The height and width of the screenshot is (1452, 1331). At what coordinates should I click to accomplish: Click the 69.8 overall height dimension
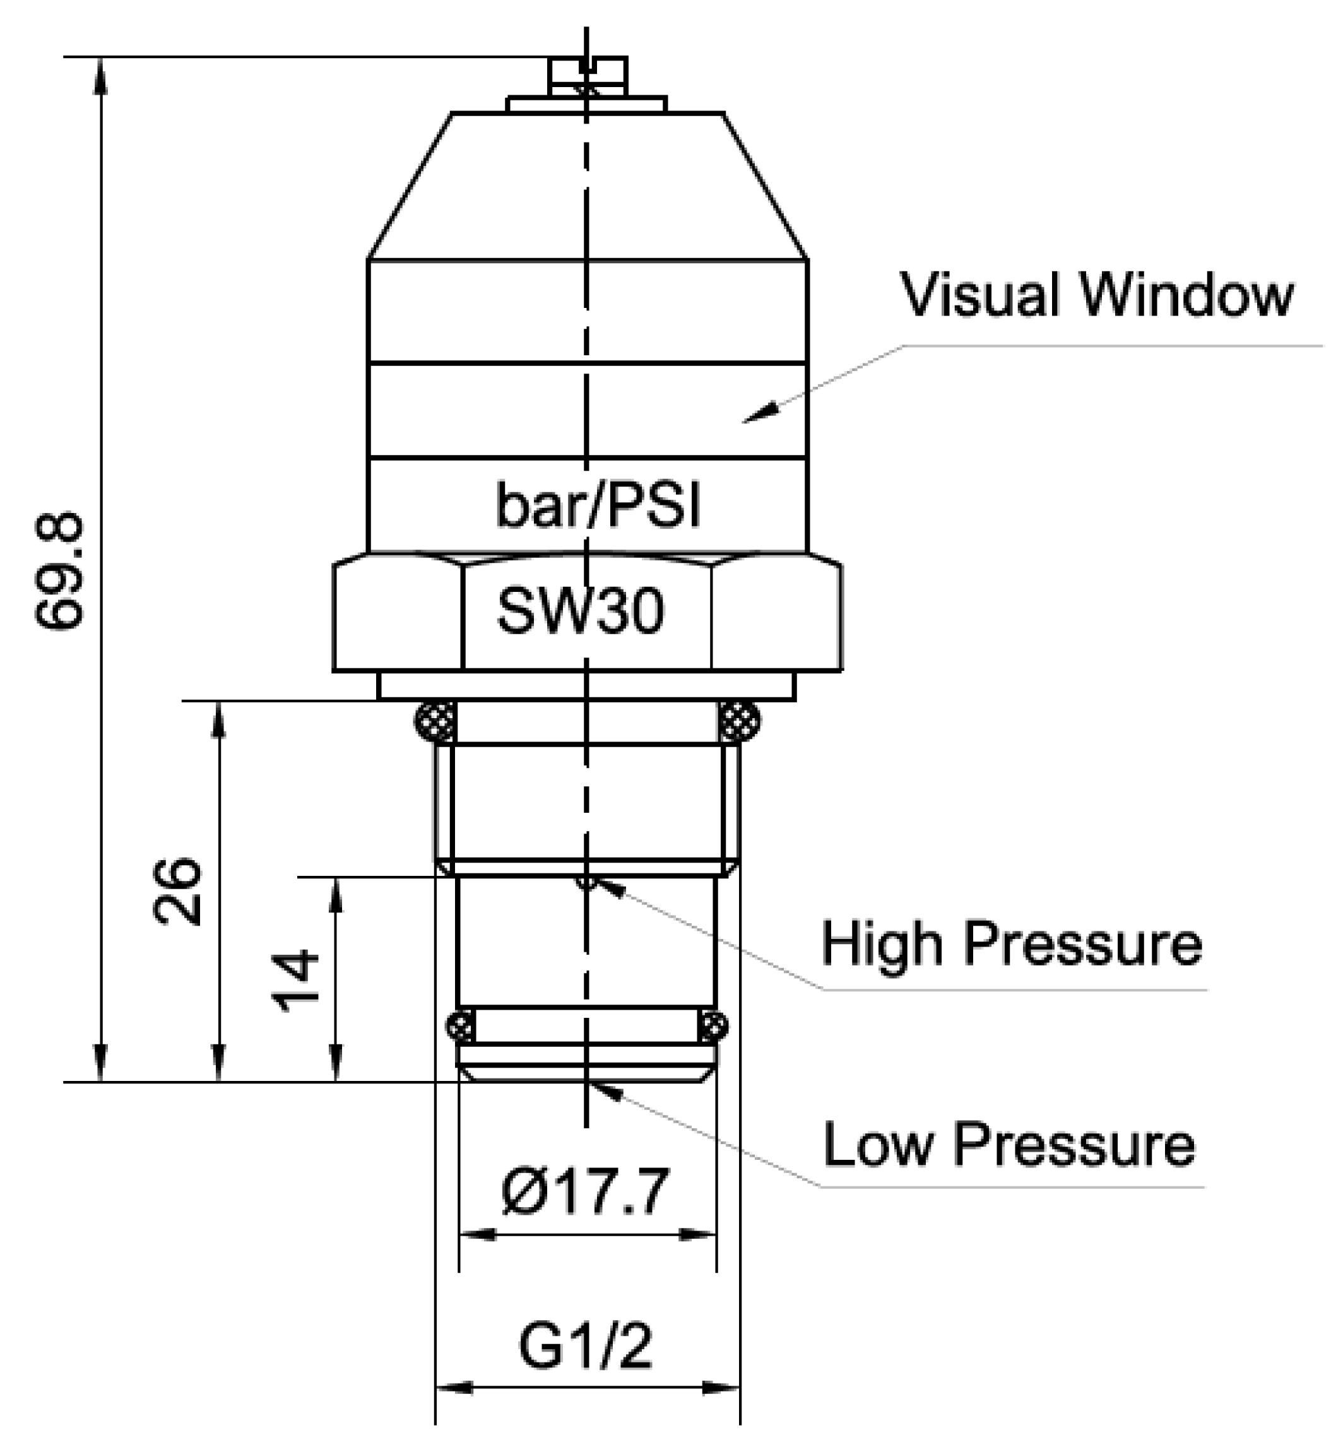59,570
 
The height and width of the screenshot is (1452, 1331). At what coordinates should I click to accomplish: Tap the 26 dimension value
177,890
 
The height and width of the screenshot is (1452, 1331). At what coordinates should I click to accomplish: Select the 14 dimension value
295,981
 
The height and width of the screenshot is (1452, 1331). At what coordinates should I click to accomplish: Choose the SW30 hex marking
581,611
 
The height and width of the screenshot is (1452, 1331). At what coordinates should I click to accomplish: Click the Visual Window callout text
1097,295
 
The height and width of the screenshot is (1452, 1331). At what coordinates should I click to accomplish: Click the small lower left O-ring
460,1025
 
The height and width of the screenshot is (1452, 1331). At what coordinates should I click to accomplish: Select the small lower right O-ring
713,1025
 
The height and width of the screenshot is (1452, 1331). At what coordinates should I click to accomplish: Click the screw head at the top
588,74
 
